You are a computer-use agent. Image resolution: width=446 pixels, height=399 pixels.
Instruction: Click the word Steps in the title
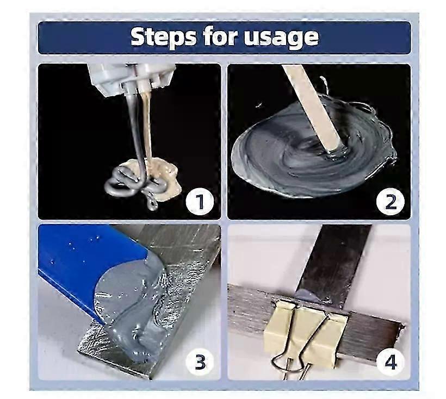[x=164, y=37]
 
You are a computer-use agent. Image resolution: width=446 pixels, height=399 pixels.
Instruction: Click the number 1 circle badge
[x=200, y=202]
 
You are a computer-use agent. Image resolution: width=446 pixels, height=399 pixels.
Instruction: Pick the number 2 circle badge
[x=391, y=202]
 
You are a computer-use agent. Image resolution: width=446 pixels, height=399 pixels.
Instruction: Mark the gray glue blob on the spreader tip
[x=129, y=304]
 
